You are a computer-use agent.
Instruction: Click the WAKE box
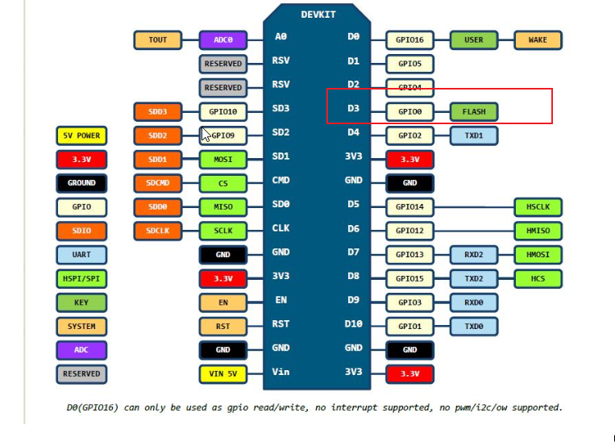pyautogui.click(x=538, y=40)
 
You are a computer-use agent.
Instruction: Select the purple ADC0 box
pyautogui.click(x=223, y=40)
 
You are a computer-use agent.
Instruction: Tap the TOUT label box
pyautogui.click(x=158, y=40)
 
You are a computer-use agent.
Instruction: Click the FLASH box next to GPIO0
pyautogui.click(x=474, y=111)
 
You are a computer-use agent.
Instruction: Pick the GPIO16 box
pyautogui.click(x=409, y=40)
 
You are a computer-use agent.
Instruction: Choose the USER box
pyautogui.click(x=474, y=40)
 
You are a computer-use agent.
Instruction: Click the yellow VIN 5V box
pyautogui.click(x=223, y=373)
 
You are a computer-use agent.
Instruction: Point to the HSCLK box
pyautogui.click(x=538, y=207)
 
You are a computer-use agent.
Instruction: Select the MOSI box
pyautogui.click(x=223, y=160)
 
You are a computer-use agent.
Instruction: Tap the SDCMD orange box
pyautogui.click(x=158, y=183)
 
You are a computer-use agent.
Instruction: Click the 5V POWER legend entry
pyautogui.click(x=81, y=135)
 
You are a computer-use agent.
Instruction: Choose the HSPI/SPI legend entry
pyautogui.click(x=81, y=279)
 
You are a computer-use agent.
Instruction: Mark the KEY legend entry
pyautogui.click(x=81, y=302)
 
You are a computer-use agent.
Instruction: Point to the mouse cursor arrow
pyautogui.click(x=206, y=134)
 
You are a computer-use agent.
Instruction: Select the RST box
pyautogui.click(x=223, y=327)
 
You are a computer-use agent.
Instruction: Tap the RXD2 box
pyautogui.click(x=474, y=255)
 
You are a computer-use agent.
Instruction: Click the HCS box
pyautogui.click(x=538, y=279)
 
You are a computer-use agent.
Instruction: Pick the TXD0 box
pyautogui.click(x=474, y=327)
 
